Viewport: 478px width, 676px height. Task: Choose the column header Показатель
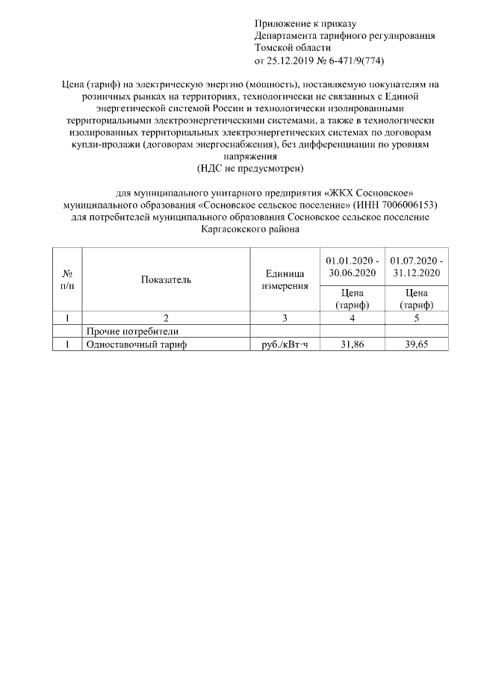click(165, 280)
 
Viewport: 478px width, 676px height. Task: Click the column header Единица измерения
click(285, 280)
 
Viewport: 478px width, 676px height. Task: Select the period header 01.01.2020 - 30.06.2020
click(352, 267)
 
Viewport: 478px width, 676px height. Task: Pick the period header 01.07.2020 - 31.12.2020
click(415, 267)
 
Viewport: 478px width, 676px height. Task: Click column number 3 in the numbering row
click(285, 318)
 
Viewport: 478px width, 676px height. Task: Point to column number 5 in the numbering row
click(415, 318)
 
